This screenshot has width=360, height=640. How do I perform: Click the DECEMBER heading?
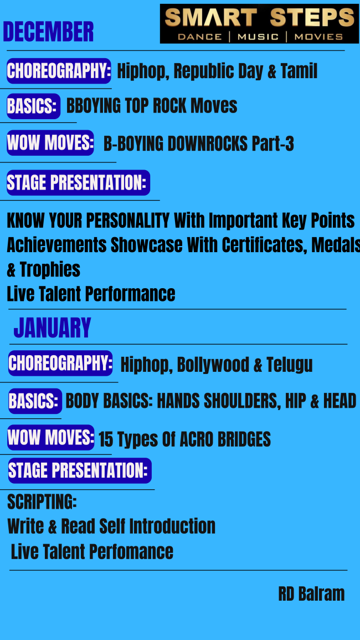tap(48, 32)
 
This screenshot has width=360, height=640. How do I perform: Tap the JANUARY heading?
tap(52, 327)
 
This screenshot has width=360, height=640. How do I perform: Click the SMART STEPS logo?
tap(259, 24)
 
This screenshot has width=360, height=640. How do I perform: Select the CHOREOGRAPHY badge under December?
tap(59, 71)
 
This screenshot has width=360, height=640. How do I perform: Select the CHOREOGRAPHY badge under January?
tap(60, 363)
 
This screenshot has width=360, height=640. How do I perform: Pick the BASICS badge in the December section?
tap(33, 106)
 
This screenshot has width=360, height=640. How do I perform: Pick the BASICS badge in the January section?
tap(35, 401)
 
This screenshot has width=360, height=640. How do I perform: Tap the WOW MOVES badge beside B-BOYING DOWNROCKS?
tap(50, 142)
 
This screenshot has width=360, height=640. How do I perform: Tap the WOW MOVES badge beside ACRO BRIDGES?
tap(51, 438)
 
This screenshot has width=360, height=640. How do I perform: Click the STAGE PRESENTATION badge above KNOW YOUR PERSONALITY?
tap(78, 182)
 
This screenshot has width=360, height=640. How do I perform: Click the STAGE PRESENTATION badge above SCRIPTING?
tap(80, 470)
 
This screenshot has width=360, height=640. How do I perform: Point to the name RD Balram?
tap(311, 594)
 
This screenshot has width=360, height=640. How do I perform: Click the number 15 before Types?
tap(106, 439)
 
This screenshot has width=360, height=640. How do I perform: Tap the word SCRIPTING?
tap(42, 501)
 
